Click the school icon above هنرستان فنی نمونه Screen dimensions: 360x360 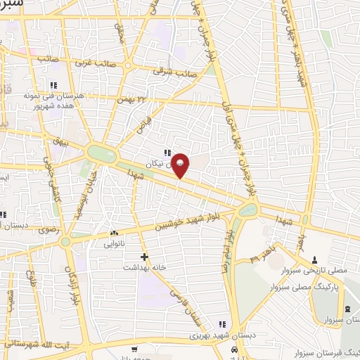point(53,85)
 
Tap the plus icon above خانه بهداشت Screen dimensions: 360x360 point(144,257)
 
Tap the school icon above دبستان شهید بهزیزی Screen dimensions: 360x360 point(222,324)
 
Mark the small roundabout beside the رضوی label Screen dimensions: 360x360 point(65,242)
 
